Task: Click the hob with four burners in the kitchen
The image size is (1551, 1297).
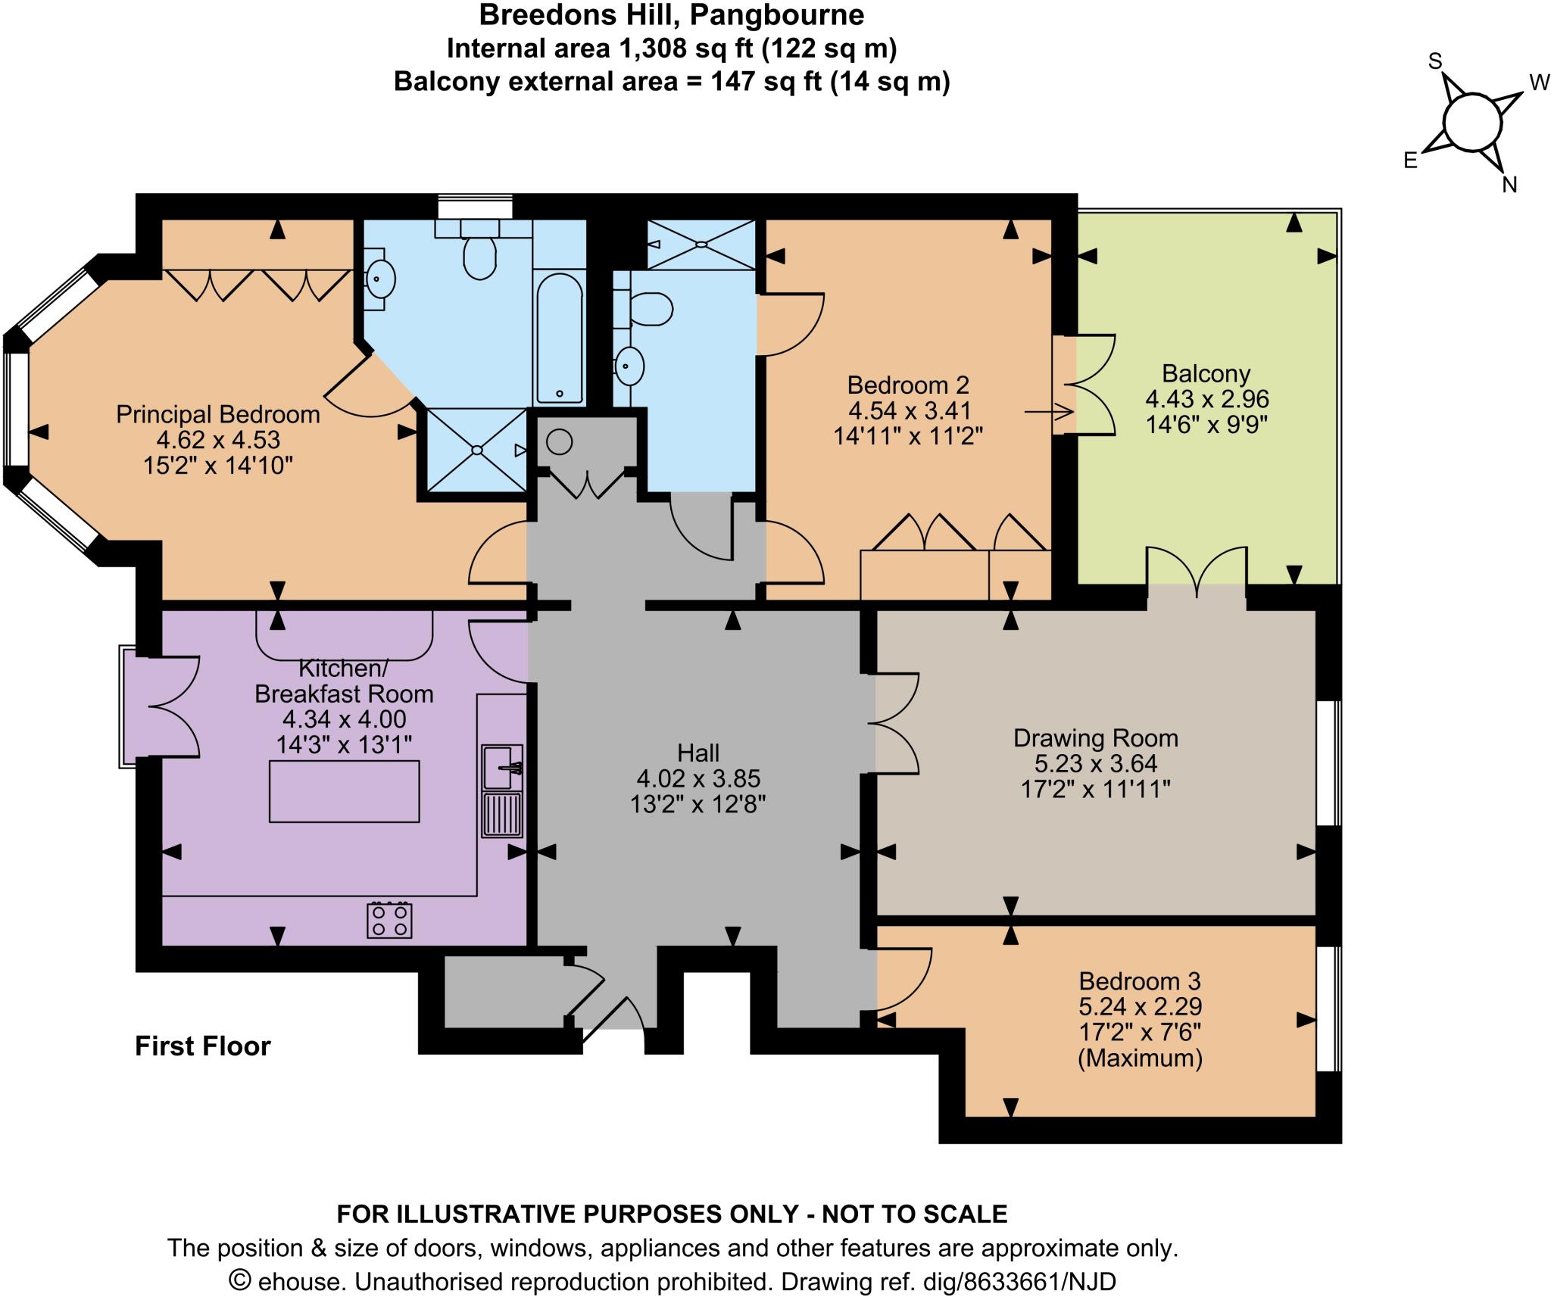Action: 389,921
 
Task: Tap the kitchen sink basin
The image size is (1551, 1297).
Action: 501,766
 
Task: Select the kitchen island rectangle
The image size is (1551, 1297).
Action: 345,791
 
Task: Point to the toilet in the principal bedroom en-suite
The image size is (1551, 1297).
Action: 479,256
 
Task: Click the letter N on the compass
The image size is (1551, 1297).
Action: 1509,185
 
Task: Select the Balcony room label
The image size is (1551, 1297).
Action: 1206,373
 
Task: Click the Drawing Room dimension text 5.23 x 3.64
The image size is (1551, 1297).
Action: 1095,763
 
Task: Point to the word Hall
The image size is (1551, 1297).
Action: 697,753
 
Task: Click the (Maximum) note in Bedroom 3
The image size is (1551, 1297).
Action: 1140,1058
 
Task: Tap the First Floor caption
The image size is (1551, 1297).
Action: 202,1046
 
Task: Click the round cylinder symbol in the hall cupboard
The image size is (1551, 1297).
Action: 559,441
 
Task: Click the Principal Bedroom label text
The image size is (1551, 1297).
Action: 217,414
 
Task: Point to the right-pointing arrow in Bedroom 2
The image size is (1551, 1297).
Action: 1049,413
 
